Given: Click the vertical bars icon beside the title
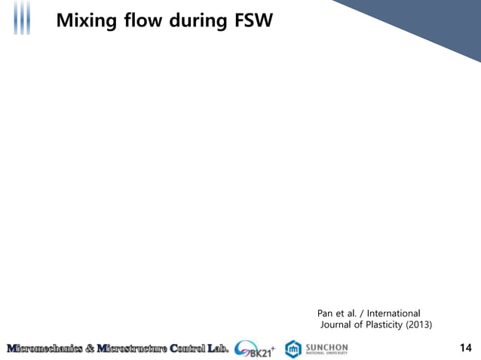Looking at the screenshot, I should click(x=23, y=18).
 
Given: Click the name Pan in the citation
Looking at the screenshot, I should click(x=326, y=313).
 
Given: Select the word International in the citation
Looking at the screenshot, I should click(x=394, y=313).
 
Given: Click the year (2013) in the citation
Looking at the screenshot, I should click(x=419, y=325).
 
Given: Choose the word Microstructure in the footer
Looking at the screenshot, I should click(x=129, y=348).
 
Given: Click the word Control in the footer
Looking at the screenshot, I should click(x=188, y=348).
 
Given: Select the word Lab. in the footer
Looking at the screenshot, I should click(x=219, y=348).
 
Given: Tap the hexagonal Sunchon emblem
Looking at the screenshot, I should click(x=293, y=349).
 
